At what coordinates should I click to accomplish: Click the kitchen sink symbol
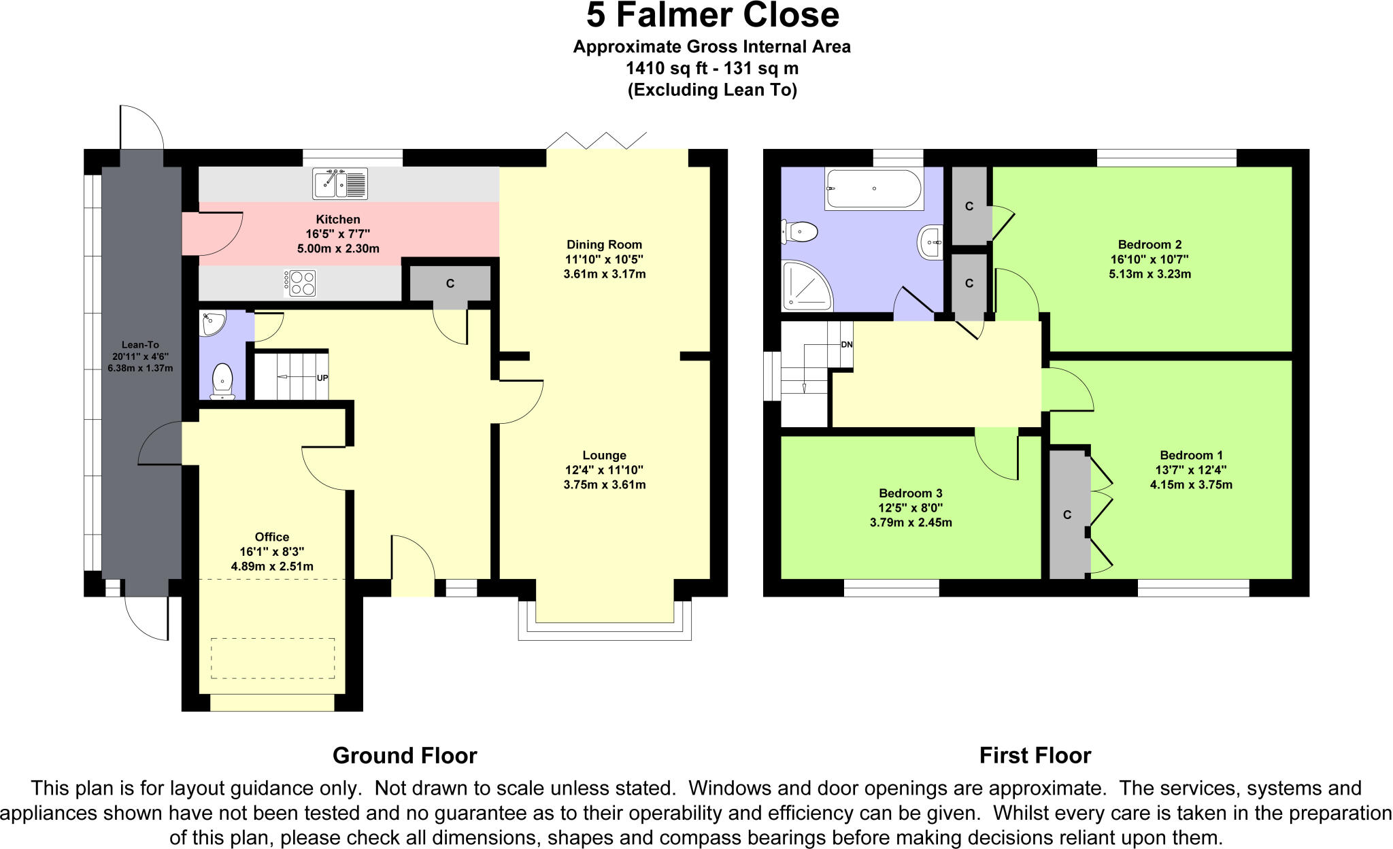[x=340, y=184]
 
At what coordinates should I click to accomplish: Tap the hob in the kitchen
[x=300, y=283]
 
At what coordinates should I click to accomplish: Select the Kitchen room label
[x=338, y=219]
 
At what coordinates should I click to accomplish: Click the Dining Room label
[x=604, y=244]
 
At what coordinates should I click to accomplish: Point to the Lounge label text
[x=604, y=455]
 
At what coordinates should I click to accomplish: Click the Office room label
[x=272, y=537]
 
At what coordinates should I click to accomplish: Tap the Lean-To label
[x=140, y=345]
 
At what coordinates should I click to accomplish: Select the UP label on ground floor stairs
[x=322, y=378]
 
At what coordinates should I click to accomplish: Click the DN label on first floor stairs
[x=846, y=345]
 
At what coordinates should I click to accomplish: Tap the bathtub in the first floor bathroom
[x=873, y=188]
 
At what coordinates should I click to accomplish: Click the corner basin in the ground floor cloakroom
[x=212, y=323]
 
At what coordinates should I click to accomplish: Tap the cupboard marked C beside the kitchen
[x=450, y=284]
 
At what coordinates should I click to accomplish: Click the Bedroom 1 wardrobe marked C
[x=1067, y=515]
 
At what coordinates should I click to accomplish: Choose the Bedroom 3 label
[x=910, y=493]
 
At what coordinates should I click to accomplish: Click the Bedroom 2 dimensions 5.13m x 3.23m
[x=1149, y=274]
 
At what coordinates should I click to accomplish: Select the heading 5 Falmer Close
[x=712, y=16]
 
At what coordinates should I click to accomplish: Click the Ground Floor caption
[x=405, y=756]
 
